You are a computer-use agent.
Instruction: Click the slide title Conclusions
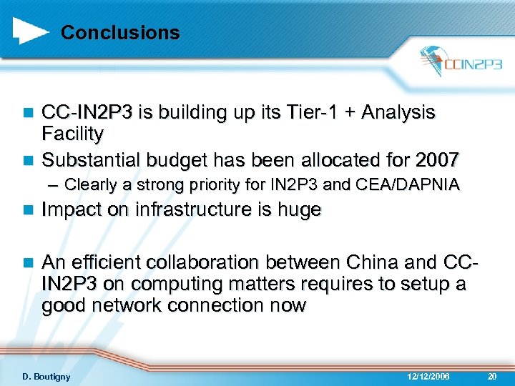point(120,33)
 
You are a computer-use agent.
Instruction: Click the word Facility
point(72,134)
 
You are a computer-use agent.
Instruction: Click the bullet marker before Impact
point(28,211)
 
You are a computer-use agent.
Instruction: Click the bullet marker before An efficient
point(28,263)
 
